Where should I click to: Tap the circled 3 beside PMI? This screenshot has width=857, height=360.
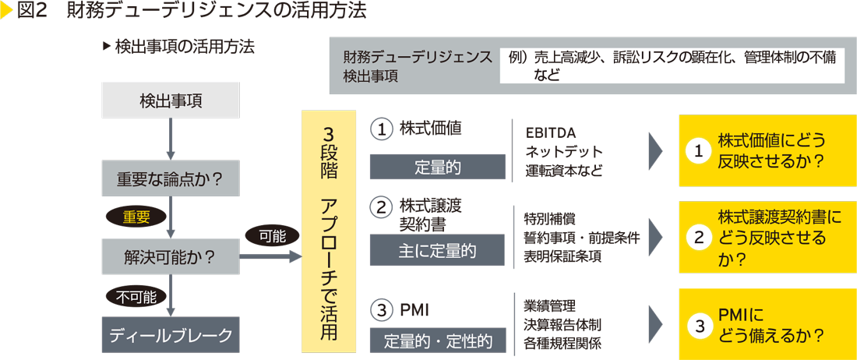[381, 310]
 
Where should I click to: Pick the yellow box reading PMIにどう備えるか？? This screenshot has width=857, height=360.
[761, 324]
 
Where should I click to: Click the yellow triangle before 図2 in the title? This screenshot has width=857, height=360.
[7, 10]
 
